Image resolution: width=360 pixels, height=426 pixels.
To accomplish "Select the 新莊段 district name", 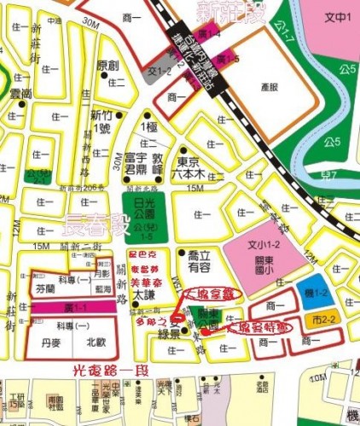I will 229,13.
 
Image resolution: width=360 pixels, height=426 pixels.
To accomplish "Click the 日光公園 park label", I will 150,207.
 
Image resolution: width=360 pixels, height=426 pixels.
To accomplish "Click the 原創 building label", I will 108,66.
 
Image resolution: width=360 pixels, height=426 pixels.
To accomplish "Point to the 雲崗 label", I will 20,94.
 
